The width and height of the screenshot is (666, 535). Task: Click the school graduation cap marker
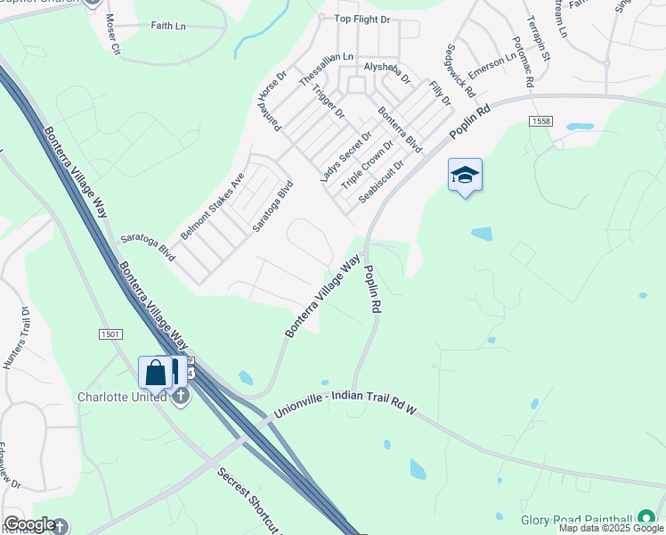465,176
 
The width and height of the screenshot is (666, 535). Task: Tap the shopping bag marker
155,374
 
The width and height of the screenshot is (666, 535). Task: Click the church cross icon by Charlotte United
181,396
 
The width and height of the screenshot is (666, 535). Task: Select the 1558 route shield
540,120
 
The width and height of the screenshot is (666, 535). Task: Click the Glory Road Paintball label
578,518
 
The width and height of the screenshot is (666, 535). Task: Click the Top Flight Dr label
361,18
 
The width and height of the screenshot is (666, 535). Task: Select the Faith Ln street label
168,27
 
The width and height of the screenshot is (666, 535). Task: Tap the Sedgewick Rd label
460,70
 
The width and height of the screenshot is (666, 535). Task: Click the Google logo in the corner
28,524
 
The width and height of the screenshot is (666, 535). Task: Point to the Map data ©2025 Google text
611,528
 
